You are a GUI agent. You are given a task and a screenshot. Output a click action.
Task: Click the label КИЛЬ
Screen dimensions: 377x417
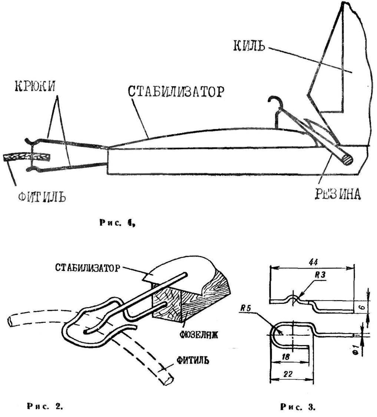[x=249, y=46]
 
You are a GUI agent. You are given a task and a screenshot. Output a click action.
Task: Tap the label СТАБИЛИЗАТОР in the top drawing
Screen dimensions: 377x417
[x=176, y=92]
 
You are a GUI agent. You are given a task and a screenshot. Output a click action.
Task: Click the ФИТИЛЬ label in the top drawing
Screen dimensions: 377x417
[x=42, y=197]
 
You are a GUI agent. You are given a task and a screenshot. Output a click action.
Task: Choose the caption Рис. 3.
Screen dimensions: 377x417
[x=298, y=407]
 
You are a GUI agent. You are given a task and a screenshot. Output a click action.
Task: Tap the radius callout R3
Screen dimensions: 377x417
[x=320, y=275]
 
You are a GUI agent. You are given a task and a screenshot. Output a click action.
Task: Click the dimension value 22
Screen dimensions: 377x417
[x=288, y=374]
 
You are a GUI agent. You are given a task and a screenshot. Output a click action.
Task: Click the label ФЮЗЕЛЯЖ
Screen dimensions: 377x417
[x=199, y=335]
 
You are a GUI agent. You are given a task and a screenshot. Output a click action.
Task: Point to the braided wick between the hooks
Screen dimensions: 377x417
[x=27, y=157]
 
